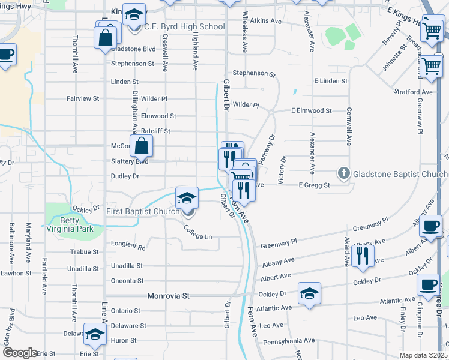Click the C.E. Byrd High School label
pyautogui.click(x=185, y=27)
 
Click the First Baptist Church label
pyautogui.click(x=143, y=211)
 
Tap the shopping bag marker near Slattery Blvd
pyautogui.click(x=141, y=146)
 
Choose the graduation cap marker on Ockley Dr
pyautogui.click(x=309, y=293)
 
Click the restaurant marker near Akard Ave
pyautogui.click(x=363, y=256)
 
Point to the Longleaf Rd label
pyautogui.click(x=128, y=247)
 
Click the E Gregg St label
pyautogui.click(x=315, y=185)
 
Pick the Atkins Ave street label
pyautogui.click(x=266, y=20)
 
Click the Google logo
pyautogui.click(x=19, y=353)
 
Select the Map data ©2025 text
pyautogui.click(x=424, y=355)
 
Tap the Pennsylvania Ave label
pyautogui.click(x=289, y=340)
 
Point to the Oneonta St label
pyautogui.click(x=127, y=281)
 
